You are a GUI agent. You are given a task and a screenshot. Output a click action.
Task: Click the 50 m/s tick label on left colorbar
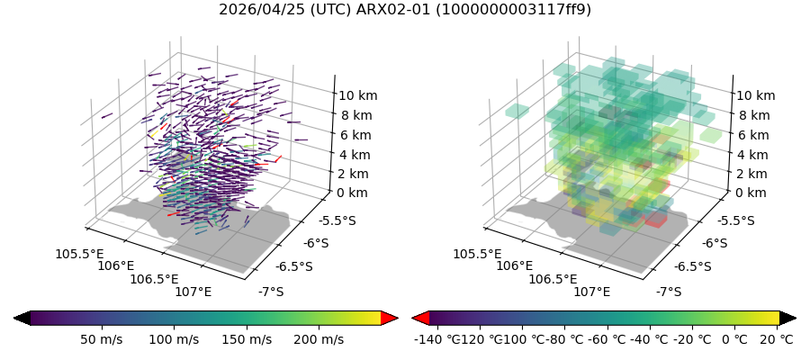pyautogui.click(x=101, y=339)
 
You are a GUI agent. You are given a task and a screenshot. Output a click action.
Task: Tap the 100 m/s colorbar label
pyautogui.click(x=174, y=339)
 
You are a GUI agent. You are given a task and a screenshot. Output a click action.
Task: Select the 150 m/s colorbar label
pyautogui.click(x=247, y=339)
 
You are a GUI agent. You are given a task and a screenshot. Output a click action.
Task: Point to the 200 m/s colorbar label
pyautogui.click(x=319, y=339)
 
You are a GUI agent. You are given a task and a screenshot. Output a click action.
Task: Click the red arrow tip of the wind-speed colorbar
pyautogui.click(x=390, y=318)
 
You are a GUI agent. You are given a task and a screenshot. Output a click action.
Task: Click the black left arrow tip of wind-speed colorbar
pyautogui.click(x=22, y=318)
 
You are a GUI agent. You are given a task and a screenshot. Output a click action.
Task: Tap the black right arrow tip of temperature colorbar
pyautogui.click(x=787, y=318)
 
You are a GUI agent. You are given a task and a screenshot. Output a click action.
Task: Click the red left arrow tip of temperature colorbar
pyautogui.click(x=419, y=318)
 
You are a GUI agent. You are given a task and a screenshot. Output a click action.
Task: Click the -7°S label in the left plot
pyautogui.click(x=271, y=292)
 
